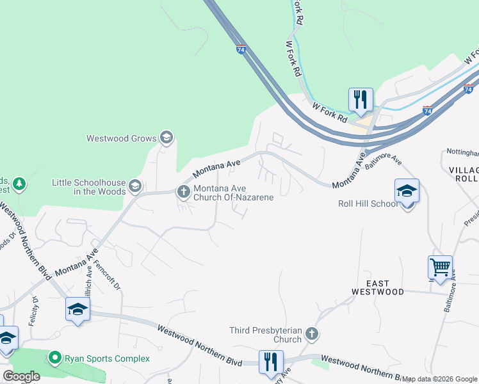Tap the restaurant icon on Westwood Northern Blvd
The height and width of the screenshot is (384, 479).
(x=271, y=361)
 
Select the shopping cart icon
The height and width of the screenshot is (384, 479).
(x=440, y=267)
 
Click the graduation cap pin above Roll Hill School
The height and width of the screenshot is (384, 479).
(x=407, y=191)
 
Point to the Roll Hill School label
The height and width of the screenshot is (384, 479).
(x=368, y=205)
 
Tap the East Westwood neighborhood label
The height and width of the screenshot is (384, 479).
(x=378, y=287)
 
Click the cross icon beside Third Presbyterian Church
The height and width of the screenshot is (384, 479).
(x=311, y=333)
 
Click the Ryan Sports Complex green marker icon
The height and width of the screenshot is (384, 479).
(x=55, y=358)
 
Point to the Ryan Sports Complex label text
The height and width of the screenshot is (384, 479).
(x=107, y=358)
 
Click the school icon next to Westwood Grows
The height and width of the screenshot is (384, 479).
(x=166, y=137)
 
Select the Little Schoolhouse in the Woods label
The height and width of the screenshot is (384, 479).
(x=90, y=187)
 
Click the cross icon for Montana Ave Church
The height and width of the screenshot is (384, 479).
(x=183, y=191)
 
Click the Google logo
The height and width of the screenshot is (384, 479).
(x=21, y=376)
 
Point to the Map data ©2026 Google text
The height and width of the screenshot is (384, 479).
(x=439, y=379)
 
